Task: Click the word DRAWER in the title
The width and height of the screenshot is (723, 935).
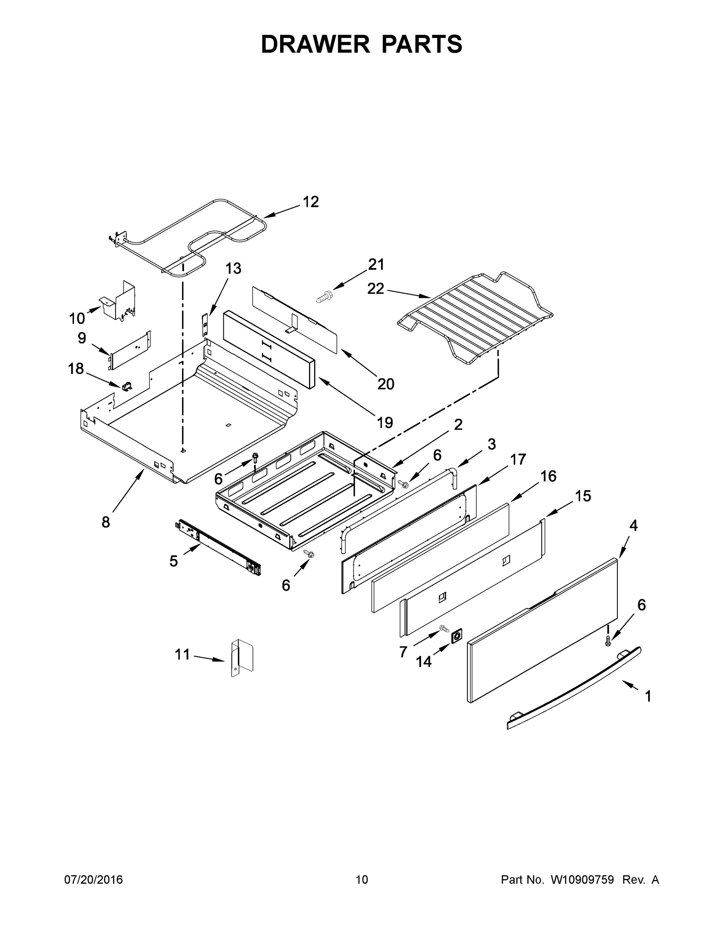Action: click(x=315, y=44)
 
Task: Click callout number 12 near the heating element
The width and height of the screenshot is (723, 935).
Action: click(x=311, y=202)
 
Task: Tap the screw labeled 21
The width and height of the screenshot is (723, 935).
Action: click(x=324, y=296)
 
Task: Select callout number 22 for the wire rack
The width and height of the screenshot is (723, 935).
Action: click(x=376, y=289)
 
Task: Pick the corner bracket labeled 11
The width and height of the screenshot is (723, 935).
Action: click(x=242, y=658)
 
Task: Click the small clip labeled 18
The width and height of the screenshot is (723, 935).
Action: click(x=127, y=386)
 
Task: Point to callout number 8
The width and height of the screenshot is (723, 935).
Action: click(x=106, y=522)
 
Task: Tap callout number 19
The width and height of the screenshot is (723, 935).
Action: click(x=385, y=423)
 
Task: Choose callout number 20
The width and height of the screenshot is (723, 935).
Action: click(x=385, y=384)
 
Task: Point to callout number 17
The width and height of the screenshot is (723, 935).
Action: click(x=518, y=460)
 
